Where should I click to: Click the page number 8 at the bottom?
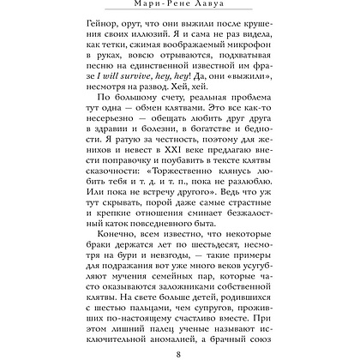180,348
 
